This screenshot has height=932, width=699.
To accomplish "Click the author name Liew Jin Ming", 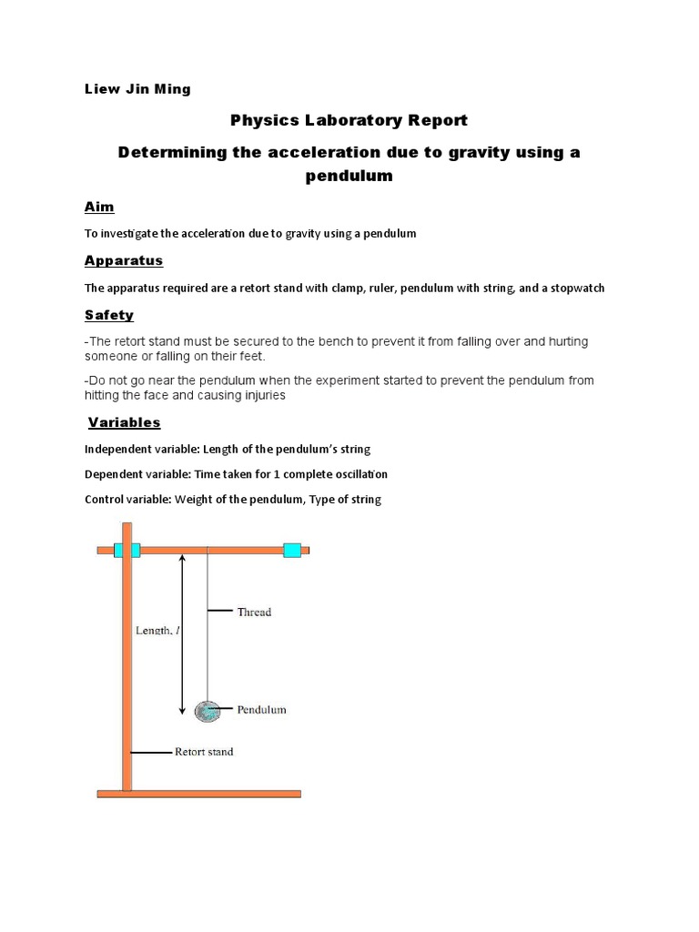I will tap(137, 89).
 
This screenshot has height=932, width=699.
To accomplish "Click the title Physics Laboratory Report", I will tap(349, 120).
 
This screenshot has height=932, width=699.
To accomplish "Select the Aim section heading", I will tap(99, 207).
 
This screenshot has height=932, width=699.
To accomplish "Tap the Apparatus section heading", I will tap(124, 260).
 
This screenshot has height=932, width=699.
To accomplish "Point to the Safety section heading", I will tap(109, 315).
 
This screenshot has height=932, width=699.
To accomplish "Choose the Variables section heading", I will tap(125, 422).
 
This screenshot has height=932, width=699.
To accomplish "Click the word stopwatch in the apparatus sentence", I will tap(575, 288).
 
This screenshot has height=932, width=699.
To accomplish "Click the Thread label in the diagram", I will tap(254, 612).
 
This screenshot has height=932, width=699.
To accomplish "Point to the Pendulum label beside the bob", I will tap(261, 709).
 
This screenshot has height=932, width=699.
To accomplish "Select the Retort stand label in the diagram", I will tap(204, 752).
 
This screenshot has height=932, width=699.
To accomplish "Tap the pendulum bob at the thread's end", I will tap(208, 710).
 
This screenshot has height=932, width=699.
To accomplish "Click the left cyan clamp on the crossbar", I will tap(127, 550).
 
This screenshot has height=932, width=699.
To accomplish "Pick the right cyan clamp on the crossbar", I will tap(292, 550).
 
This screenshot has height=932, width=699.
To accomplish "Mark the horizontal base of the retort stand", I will tap(198, 794).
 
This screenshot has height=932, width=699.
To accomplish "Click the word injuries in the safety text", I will tap(260, 396).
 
